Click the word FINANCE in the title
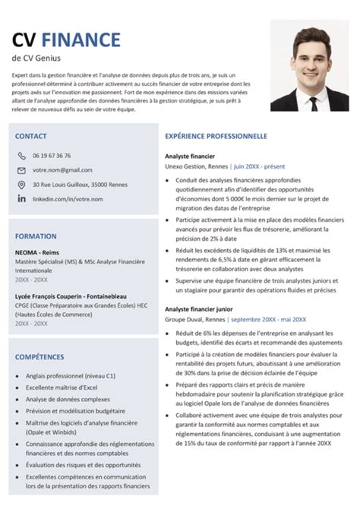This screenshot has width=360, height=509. tap(81, 39)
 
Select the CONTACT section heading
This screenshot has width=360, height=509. tap(30, 136)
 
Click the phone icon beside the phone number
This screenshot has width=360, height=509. tap(21, 156)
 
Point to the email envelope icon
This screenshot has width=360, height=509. tap(21, 170)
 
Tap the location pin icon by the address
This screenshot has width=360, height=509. tap(21, 185)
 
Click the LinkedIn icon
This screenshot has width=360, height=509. tap(21, 198)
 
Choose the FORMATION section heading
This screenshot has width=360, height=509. tap(36, 236)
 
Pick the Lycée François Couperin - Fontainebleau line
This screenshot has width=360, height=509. tap(71, 296)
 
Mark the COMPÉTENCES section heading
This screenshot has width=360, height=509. tap(39, 356)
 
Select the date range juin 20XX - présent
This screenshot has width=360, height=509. tap(261, 164)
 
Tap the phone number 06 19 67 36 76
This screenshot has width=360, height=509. tap(52, 156)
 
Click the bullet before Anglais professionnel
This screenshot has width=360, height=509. tap(17, 376)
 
